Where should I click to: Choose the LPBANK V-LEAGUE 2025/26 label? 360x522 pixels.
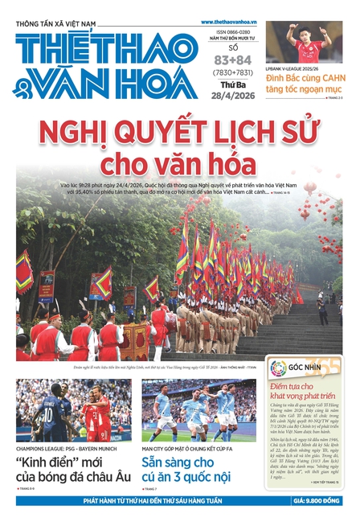click(x=296, y=71)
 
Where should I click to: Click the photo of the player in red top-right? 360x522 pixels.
click(x=304, y=43)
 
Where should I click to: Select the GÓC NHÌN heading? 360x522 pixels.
click(x=309, y=368)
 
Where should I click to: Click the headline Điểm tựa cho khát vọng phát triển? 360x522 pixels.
click(x=306, y=393)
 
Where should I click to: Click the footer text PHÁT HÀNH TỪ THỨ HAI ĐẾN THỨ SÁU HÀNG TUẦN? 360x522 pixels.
click(x=153, y=500)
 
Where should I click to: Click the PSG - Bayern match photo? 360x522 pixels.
click(x=74, y=410)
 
